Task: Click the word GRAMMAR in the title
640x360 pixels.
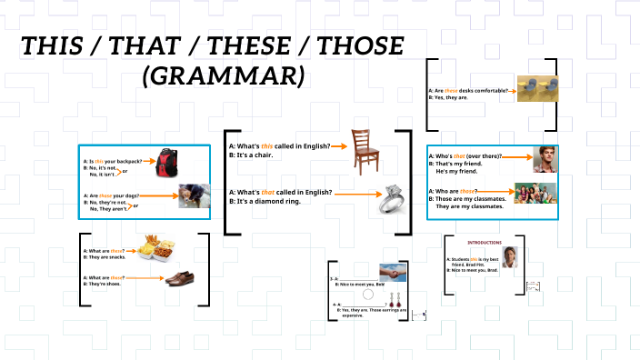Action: click(x=222, y=75)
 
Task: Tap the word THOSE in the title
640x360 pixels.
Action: click(x=349, y=45)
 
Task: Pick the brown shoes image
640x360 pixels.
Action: click(x=179, y=278)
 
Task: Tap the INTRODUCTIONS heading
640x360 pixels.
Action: click(x=485, y=243)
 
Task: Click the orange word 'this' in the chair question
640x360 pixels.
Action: click(x=267, y=145)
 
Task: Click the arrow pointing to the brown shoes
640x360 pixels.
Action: click(x=145, y=277)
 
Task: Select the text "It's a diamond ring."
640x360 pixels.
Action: click(x=265, y=201)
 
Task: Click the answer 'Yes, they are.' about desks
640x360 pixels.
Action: click(x=453, y=98)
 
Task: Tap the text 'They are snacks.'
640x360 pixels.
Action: click(x=109, y=258)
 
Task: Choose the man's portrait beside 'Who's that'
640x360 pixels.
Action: click(x=544, y=159)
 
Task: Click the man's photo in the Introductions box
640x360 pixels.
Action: click(x=511, y=256)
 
